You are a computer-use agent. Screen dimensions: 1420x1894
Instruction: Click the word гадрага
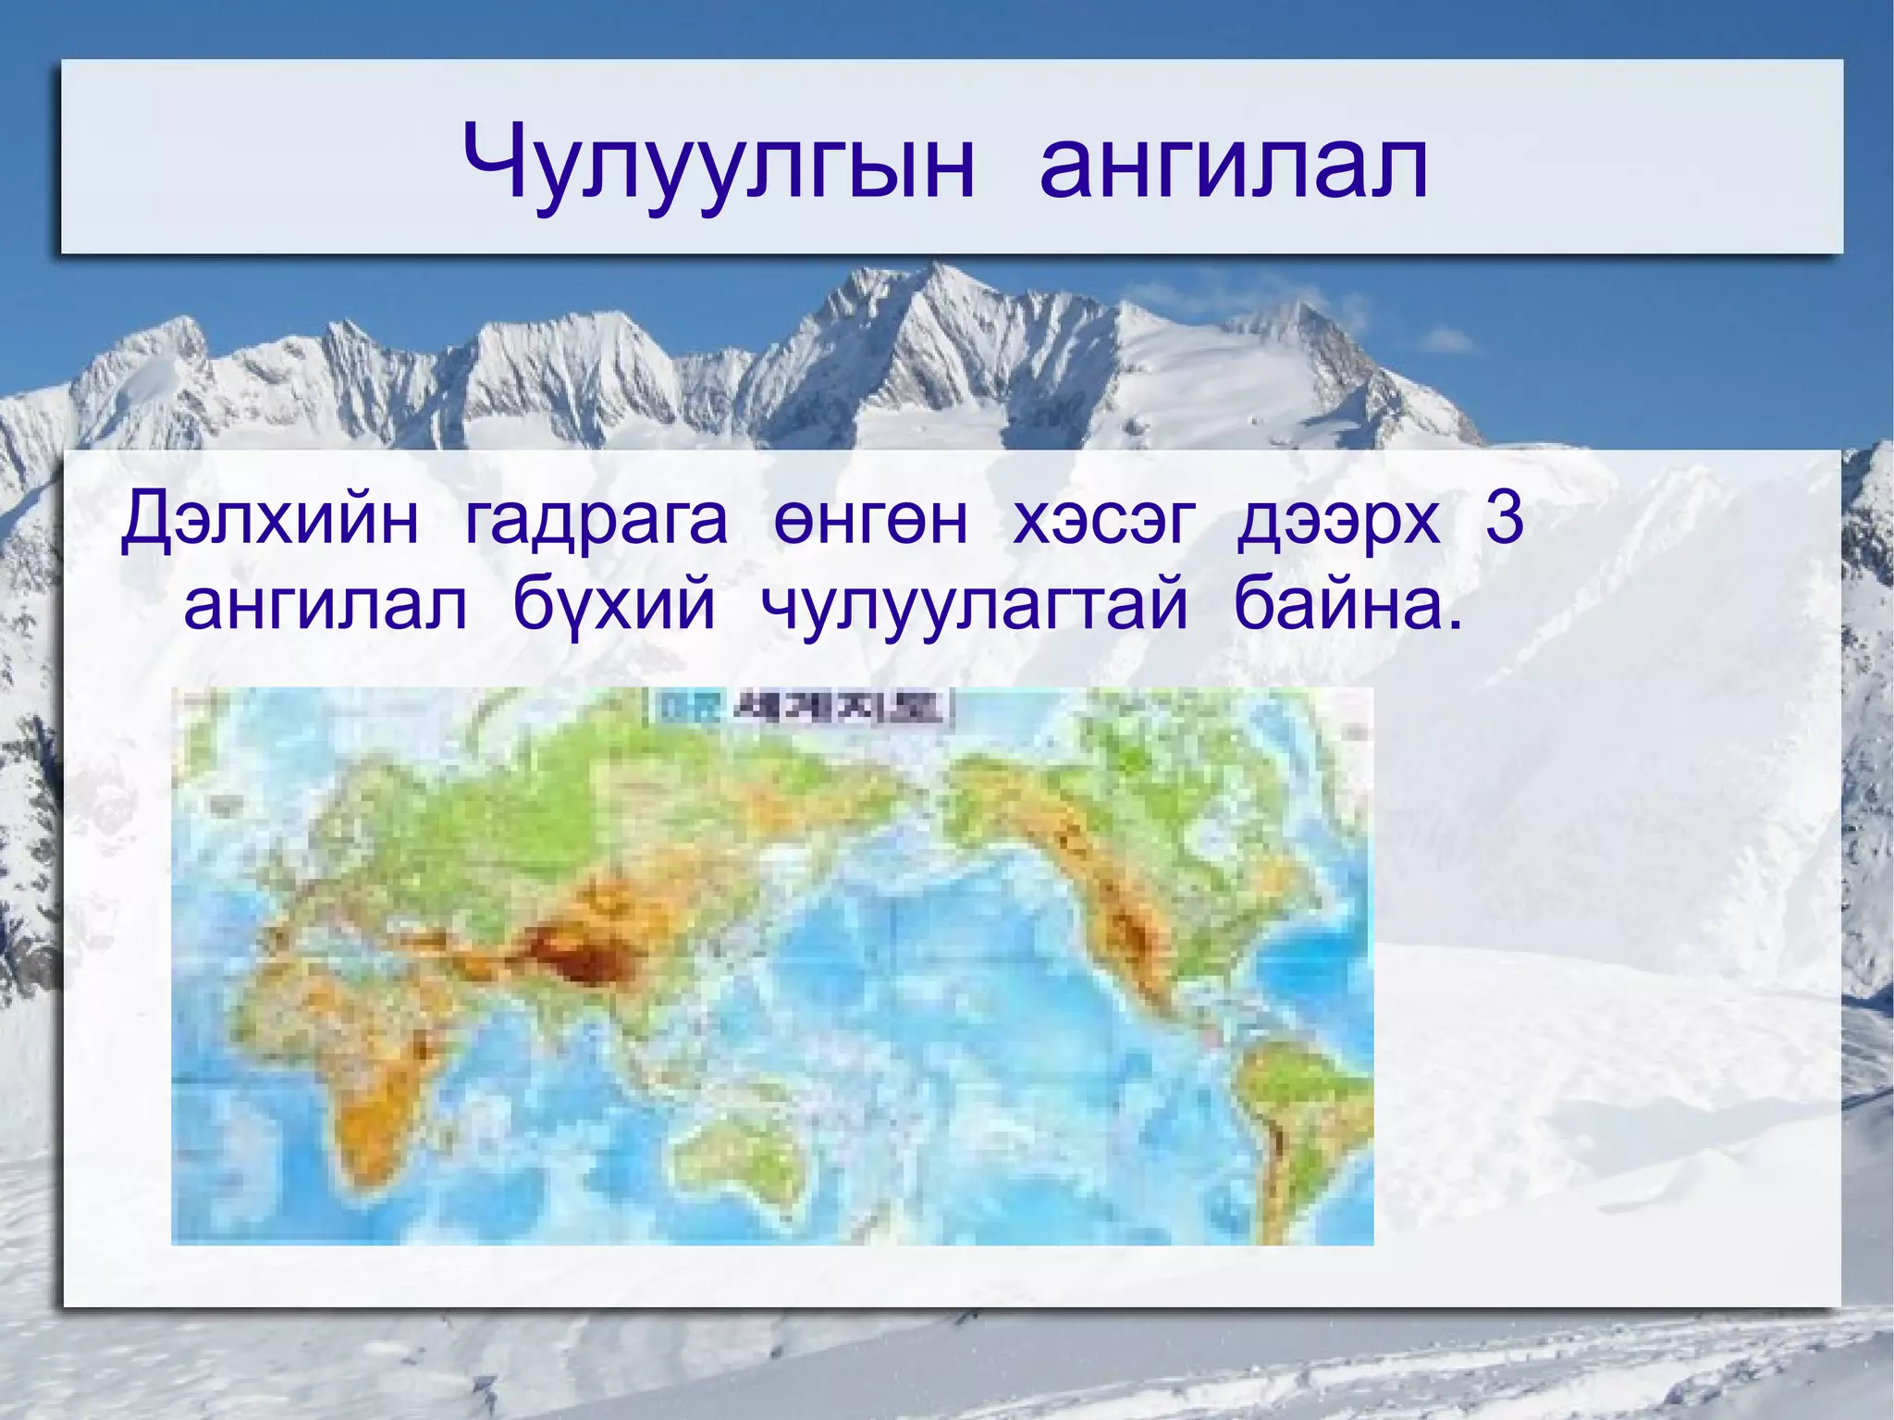click(596, 520)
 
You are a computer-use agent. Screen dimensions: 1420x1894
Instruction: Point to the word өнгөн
click(870, 520)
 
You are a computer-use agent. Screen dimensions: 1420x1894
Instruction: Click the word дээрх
click(1338, 520)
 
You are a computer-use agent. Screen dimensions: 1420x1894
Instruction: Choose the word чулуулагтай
click(974, 606)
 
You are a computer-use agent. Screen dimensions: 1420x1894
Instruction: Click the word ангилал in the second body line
click(325, 606)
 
